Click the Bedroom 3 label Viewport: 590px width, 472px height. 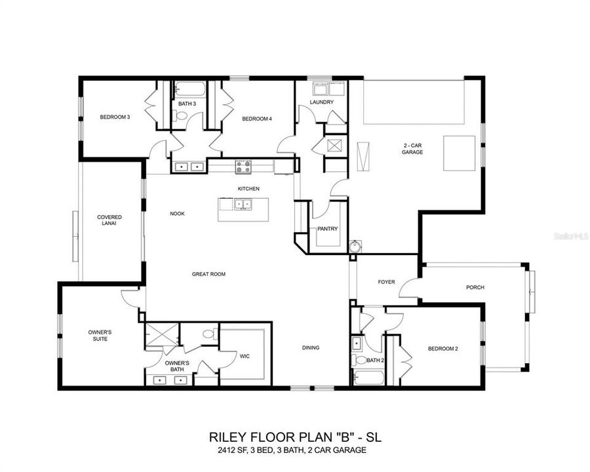[x=115, y=117]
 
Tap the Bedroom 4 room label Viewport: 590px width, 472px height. [x=257, y=119]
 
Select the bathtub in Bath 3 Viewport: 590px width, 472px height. [x=188, y=89]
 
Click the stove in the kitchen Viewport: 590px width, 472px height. [x=243, y=167]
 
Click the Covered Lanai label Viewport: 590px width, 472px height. [x=109, y=221]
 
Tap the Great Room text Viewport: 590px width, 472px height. [x=208, y=274]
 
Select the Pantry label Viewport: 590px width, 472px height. [x=327, y=229]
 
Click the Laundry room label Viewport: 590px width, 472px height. [x=321, y=102]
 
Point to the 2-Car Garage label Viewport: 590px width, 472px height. [x=412, y=148]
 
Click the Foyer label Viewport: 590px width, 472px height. [x=386, y=282]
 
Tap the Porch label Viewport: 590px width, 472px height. [x=475, y=287]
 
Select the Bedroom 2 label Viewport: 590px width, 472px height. [x=442, y=349]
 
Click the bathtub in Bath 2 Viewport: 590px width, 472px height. [x=368, y=378]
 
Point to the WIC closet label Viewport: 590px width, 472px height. [x=245, y=356]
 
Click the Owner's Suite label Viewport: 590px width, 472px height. [x=100, y=336]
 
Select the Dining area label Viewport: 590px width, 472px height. [x=311, y=347]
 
